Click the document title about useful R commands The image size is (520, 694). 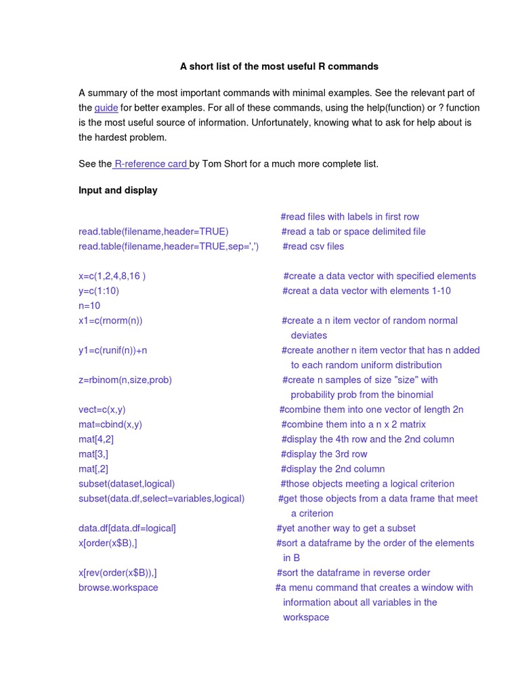coord(279,66)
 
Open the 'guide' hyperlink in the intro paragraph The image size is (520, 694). coord(106,108)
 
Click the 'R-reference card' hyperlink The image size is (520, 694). coord(150,164)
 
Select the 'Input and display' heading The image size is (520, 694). coord(118,190)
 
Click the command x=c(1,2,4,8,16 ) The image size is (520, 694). coord(112,277)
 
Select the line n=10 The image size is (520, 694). coord(89,306)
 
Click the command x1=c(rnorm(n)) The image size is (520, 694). coord(110,321)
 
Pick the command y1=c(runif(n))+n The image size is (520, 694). coord(112,351)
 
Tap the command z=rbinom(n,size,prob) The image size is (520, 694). coord(125,380)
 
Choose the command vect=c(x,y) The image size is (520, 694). coord(102,410)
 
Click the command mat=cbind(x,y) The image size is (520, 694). coord(110,425)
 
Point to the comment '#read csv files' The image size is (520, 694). coord(313,247)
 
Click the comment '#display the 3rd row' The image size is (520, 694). coord(324,455)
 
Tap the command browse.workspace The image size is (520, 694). coord(118,588)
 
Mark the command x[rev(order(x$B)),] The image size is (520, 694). coord(118,573)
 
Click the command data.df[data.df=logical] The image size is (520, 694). coord(127,529)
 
